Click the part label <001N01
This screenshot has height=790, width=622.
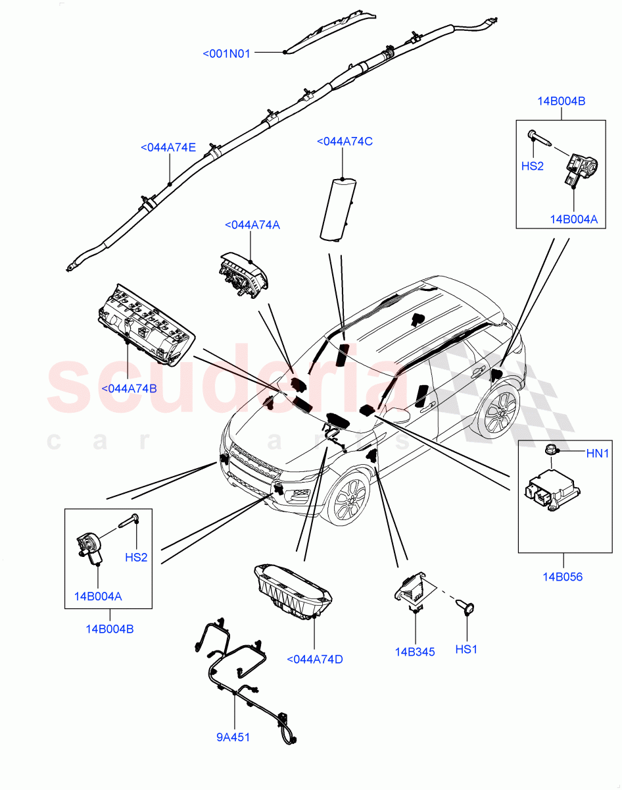click(x=226, y=54)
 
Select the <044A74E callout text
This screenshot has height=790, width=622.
click(x=168, y=147)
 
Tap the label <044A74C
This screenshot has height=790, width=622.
click(x=345, y=141)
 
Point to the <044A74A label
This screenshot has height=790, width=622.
click(x=252, y=224)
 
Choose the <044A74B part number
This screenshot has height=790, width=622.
click(x=129, y=388)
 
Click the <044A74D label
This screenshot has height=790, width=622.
click(x=315, y=659)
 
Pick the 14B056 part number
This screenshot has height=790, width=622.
click(x=562, y=577)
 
